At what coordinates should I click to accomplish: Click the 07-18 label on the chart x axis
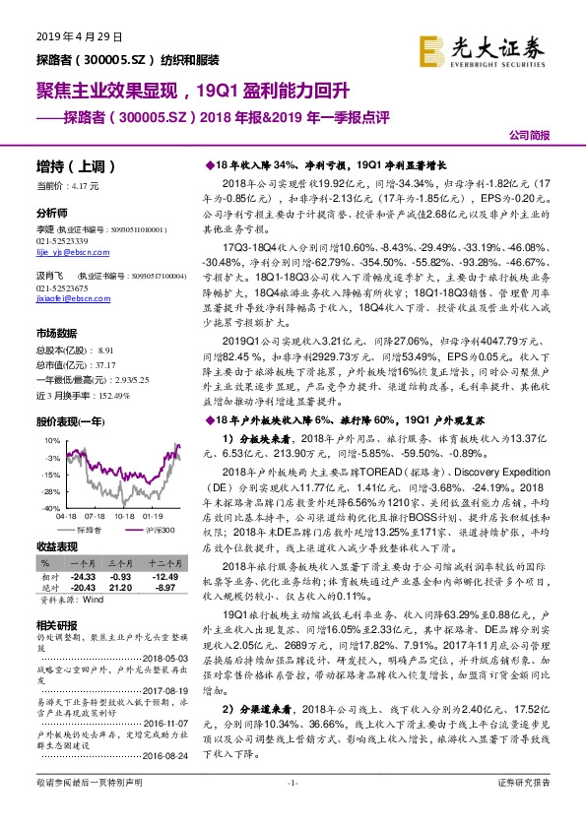97,515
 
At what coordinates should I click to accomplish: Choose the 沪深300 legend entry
159,529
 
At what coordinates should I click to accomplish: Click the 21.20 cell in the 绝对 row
120,587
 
